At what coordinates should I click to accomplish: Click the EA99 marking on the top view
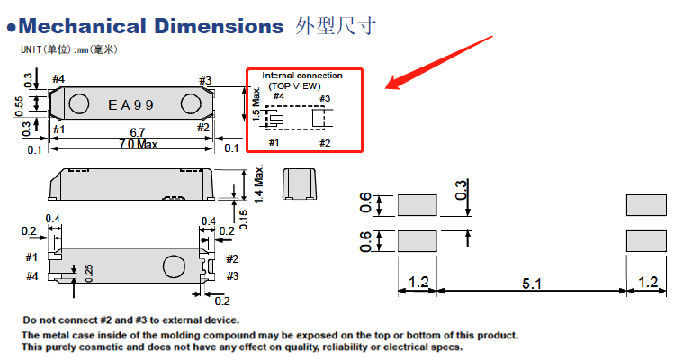click(x=131, y=104)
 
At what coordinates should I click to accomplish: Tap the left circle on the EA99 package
click(x=78, y=104)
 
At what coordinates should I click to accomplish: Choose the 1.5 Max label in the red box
click(x=256, y=103)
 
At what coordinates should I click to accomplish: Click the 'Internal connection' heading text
click(x=302, y=75)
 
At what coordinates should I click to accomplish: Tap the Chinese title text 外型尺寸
click(x=336, y=25)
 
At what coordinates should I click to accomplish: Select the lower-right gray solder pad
click(x=647, y=240)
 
